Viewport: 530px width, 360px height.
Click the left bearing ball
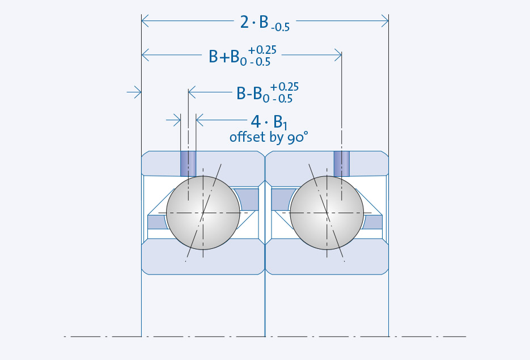[203, 213]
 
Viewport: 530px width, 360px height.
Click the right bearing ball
[327, 213]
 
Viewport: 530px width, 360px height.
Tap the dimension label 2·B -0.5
[265, 24]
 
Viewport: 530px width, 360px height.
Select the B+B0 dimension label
[243, 56]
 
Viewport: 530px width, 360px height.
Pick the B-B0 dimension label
[267, 92]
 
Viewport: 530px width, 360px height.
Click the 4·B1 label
[269, 122]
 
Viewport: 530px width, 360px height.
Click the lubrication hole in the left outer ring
[188, 164]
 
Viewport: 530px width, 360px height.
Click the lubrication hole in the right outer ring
[342, 164]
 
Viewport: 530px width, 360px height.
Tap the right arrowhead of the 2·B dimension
[385, 20]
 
